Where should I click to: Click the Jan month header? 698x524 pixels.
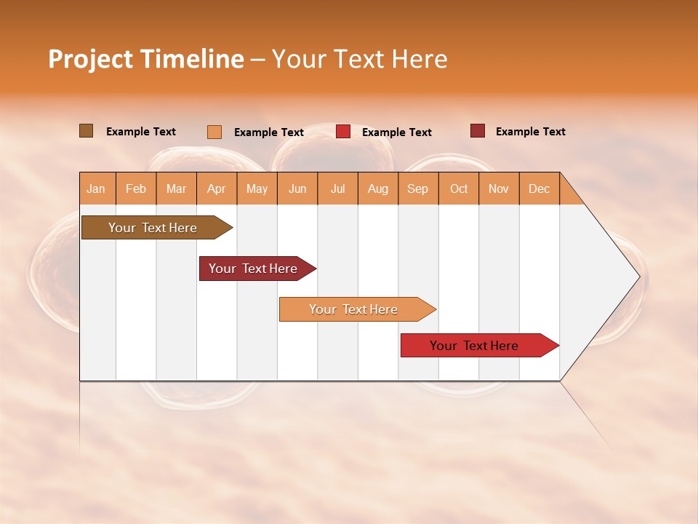96,188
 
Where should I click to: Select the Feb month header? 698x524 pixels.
136,188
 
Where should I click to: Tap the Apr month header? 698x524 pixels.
216,188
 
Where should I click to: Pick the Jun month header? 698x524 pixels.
297,188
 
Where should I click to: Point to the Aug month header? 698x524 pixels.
377,188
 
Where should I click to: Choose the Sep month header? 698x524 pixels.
417,188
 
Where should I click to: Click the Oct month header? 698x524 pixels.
459,188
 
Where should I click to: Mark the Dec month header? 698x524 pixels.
539,188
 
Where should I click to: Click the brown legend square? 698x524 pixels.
86,131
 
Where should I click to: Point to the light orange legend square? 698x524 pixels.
214,132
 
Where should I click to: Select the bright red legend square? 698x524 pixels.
343,132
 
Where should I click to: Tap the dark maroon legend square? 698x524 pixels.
478,131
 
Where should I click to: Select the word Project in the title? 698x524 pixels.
90,59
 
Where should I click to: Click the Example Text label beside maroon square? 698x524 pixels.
530,132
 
